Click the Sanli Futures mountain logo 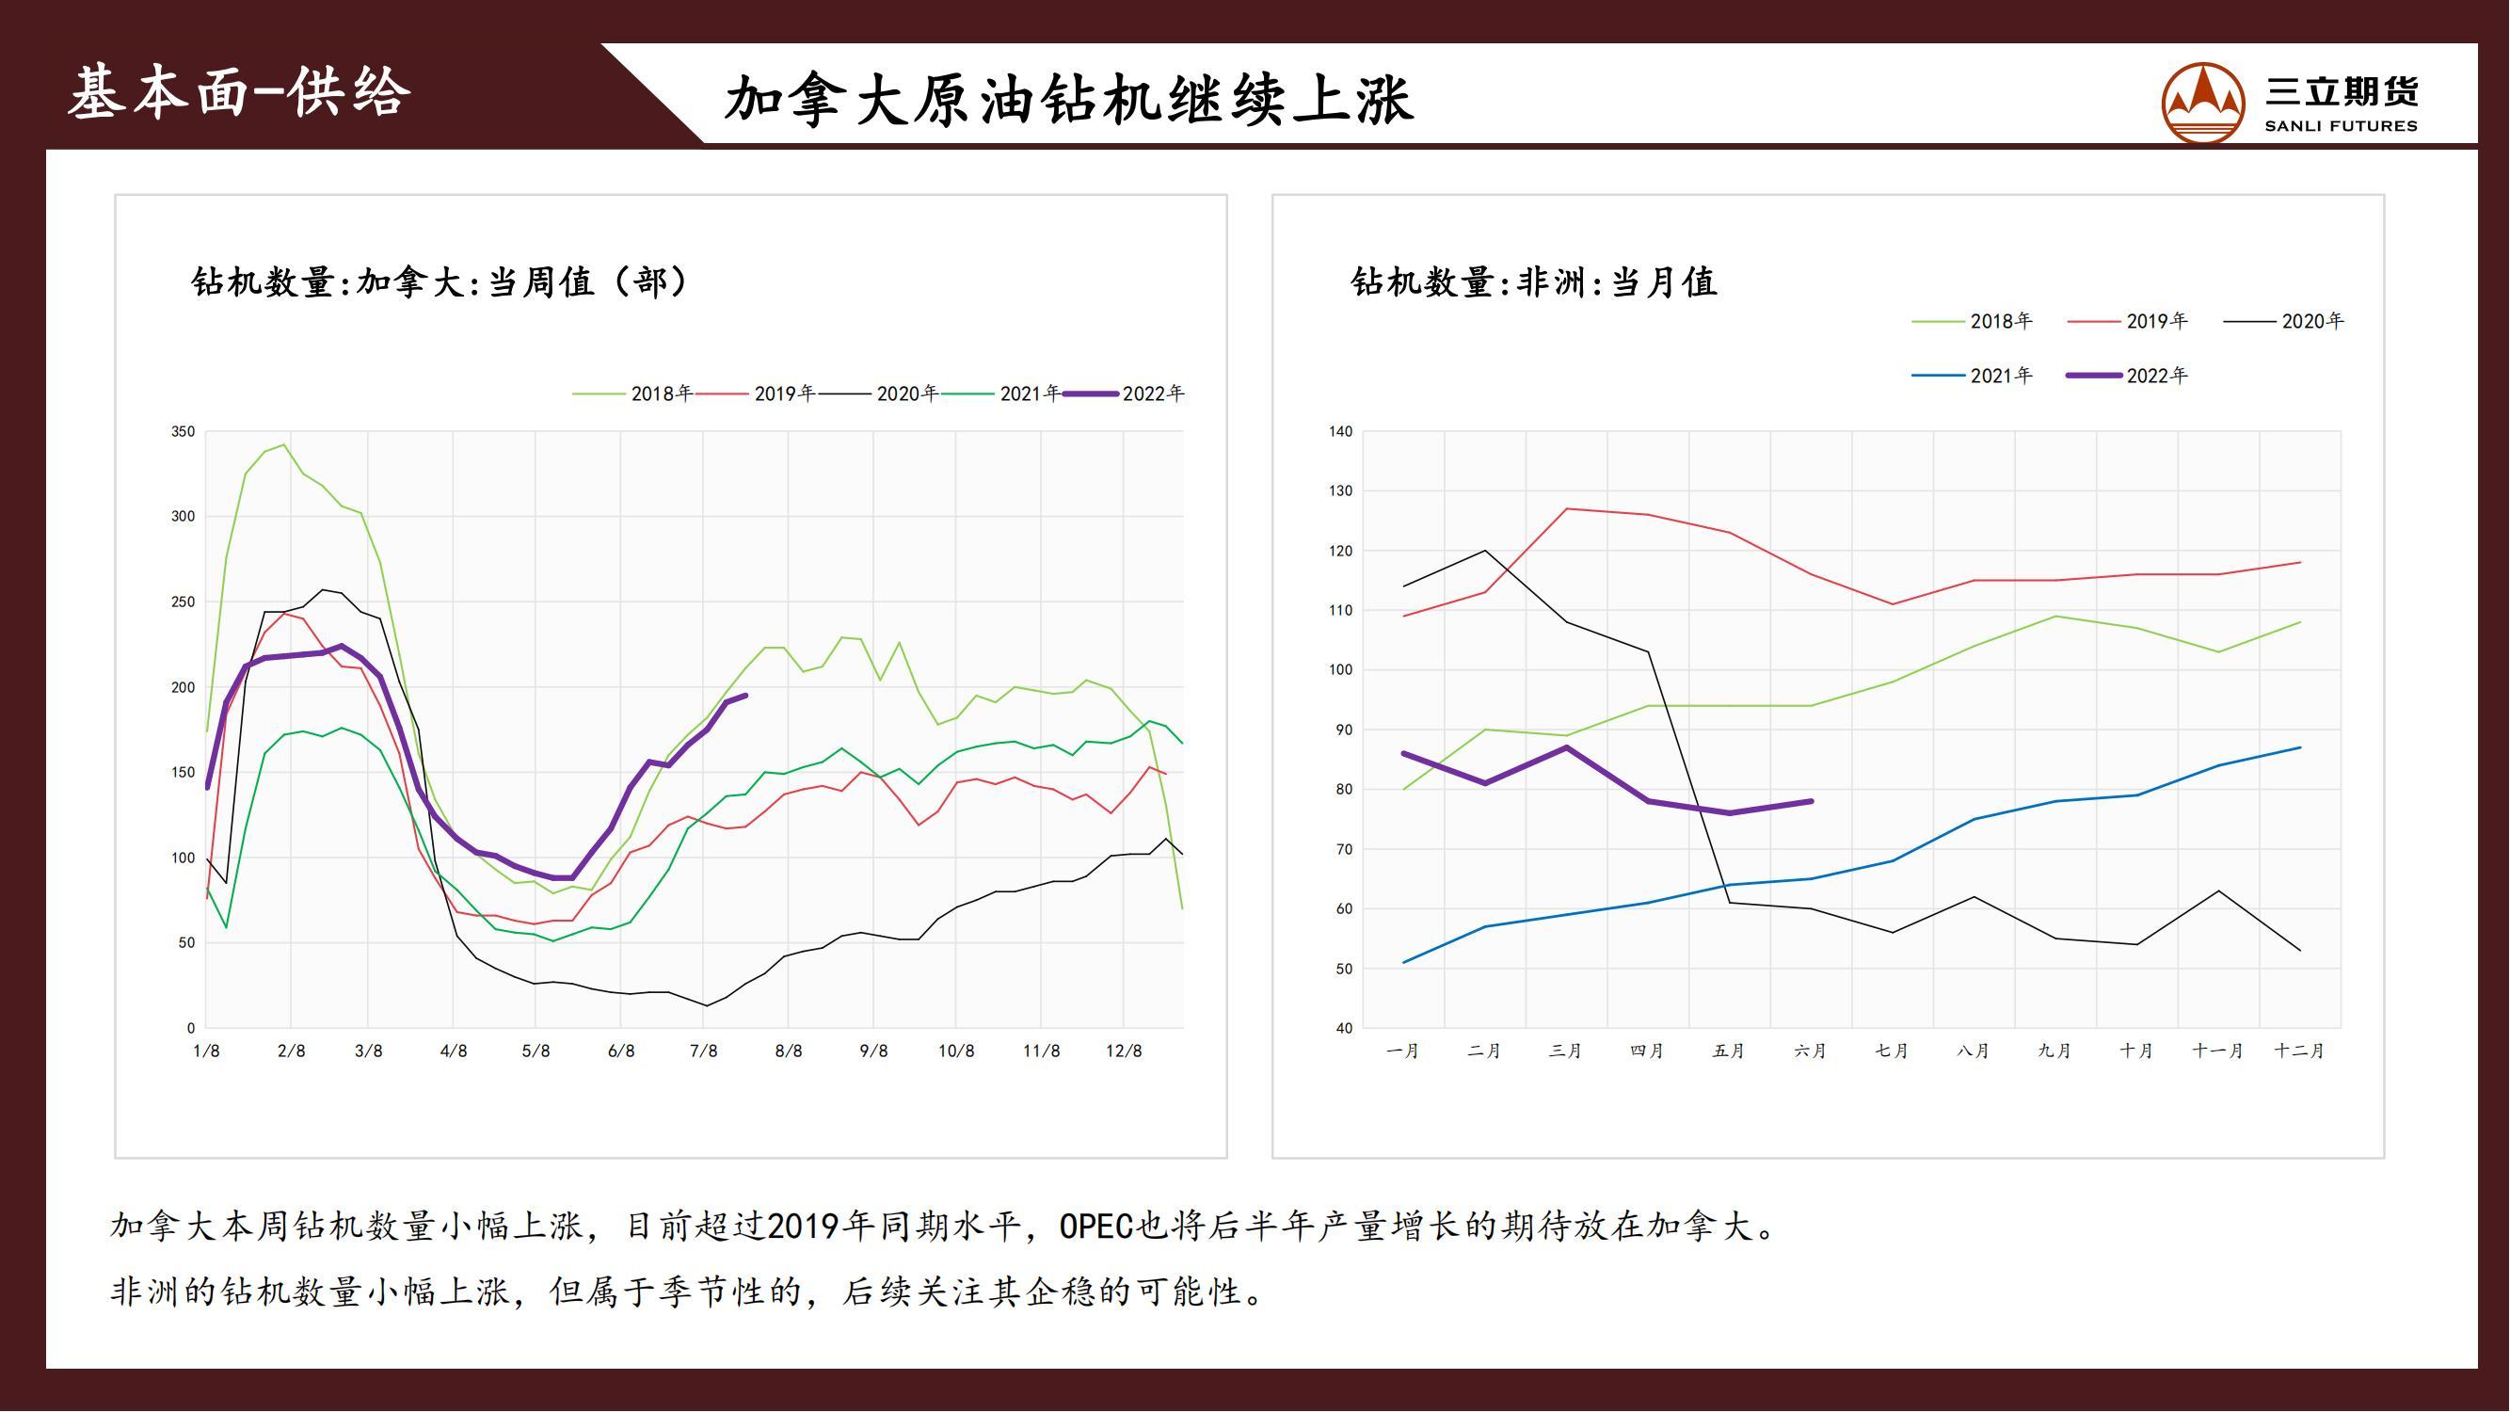2203,104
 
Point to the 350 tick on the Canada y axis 184,432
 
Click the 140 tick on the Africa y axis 1341,432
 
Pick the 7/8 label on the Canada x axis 704,1051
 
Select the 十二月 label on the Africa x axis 2299,1051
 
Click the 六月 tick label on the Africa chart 1811,1051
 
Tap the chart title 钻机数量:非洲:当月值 1534,282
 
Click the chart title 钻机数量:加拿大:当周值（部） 440,282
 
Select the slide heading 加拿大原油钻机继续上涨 1069,101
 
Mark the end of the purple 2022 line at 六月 1812,802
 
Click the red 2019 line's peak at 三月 1566,508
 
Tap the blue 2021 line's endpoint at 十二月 2300,747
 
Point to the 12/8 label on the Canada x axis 1124,1051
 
